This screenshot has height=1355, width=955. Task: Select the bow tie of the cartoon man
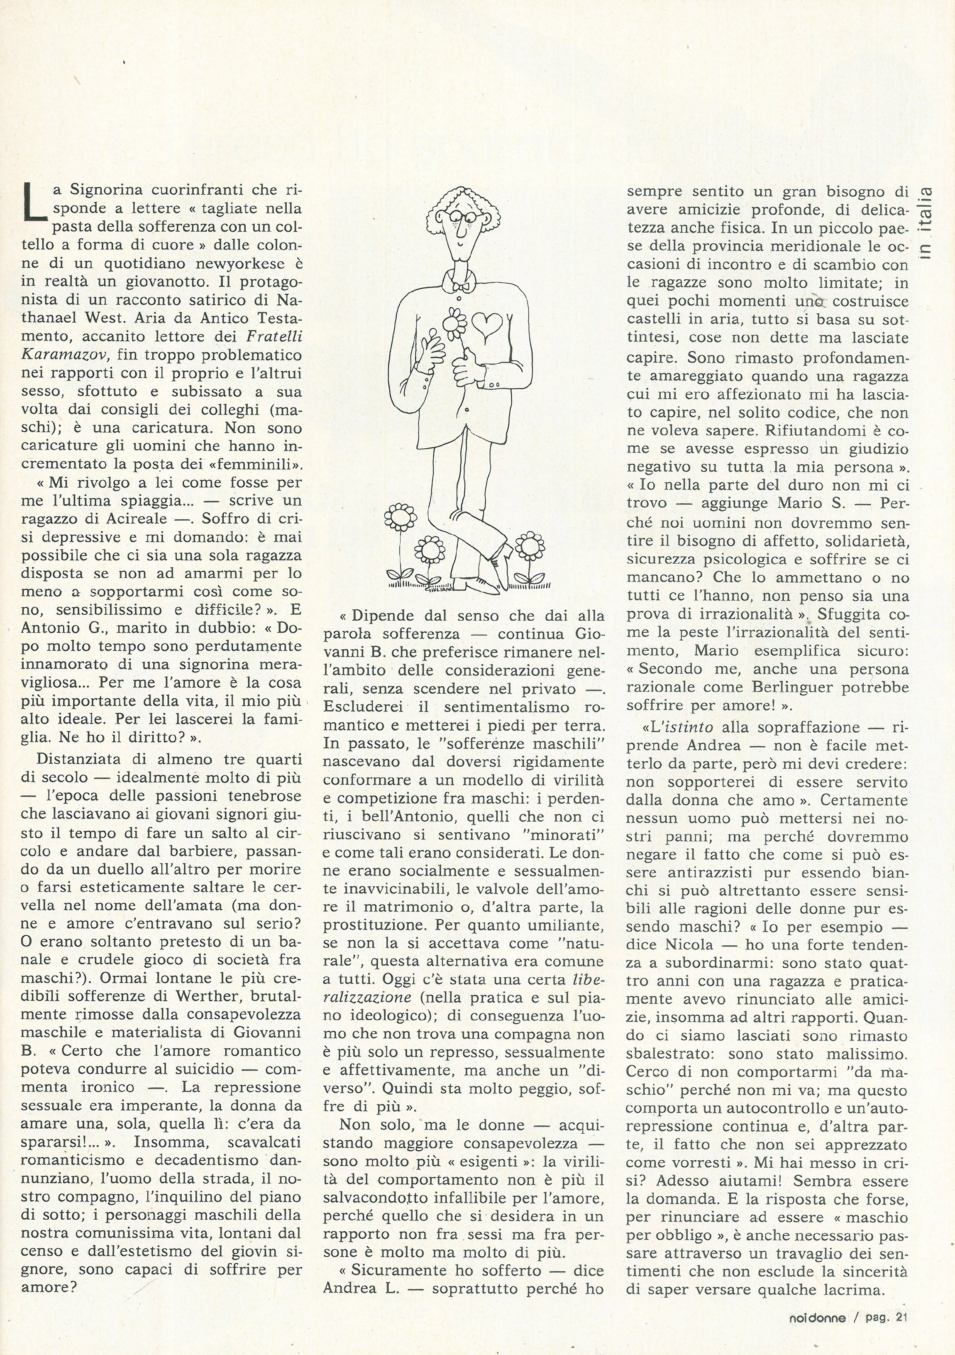coord(461,285)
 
